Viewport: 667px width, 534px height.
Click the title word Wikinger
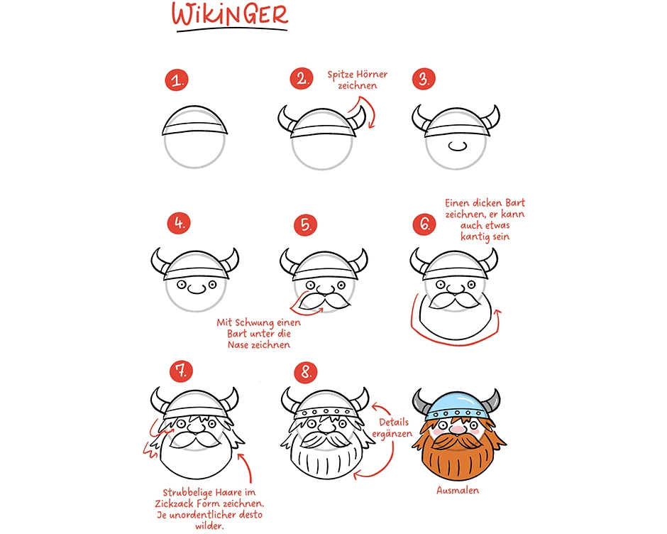[x=230, y=16]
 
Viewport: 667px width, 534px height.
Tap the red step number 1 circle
[x=177, y=80]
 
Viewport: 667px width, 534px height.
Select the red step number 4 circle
[x=179, y=224]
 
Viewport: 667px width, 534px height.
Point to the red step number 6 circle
[x=424, y=224]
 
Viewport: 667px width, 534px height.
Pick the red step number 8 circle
[x=306, y=372]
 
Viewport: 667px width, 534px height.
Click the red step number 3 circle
[x=424, y=79]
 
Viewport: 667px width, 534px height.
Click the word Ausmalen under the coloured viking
[x=458, y=490]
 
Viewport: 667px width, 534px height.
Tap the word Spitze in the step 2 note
[x=341, y=75]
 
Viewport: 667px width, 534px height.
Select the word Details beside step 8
[x=394, y=422]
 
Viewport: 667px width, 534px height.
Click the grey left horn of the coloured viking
[x=420, y=402]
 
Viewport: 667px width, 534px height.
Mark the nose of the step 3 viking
[x=458, y=146]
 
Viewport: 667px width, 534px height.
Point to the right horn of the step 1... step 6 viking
[x=490, y=261]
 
